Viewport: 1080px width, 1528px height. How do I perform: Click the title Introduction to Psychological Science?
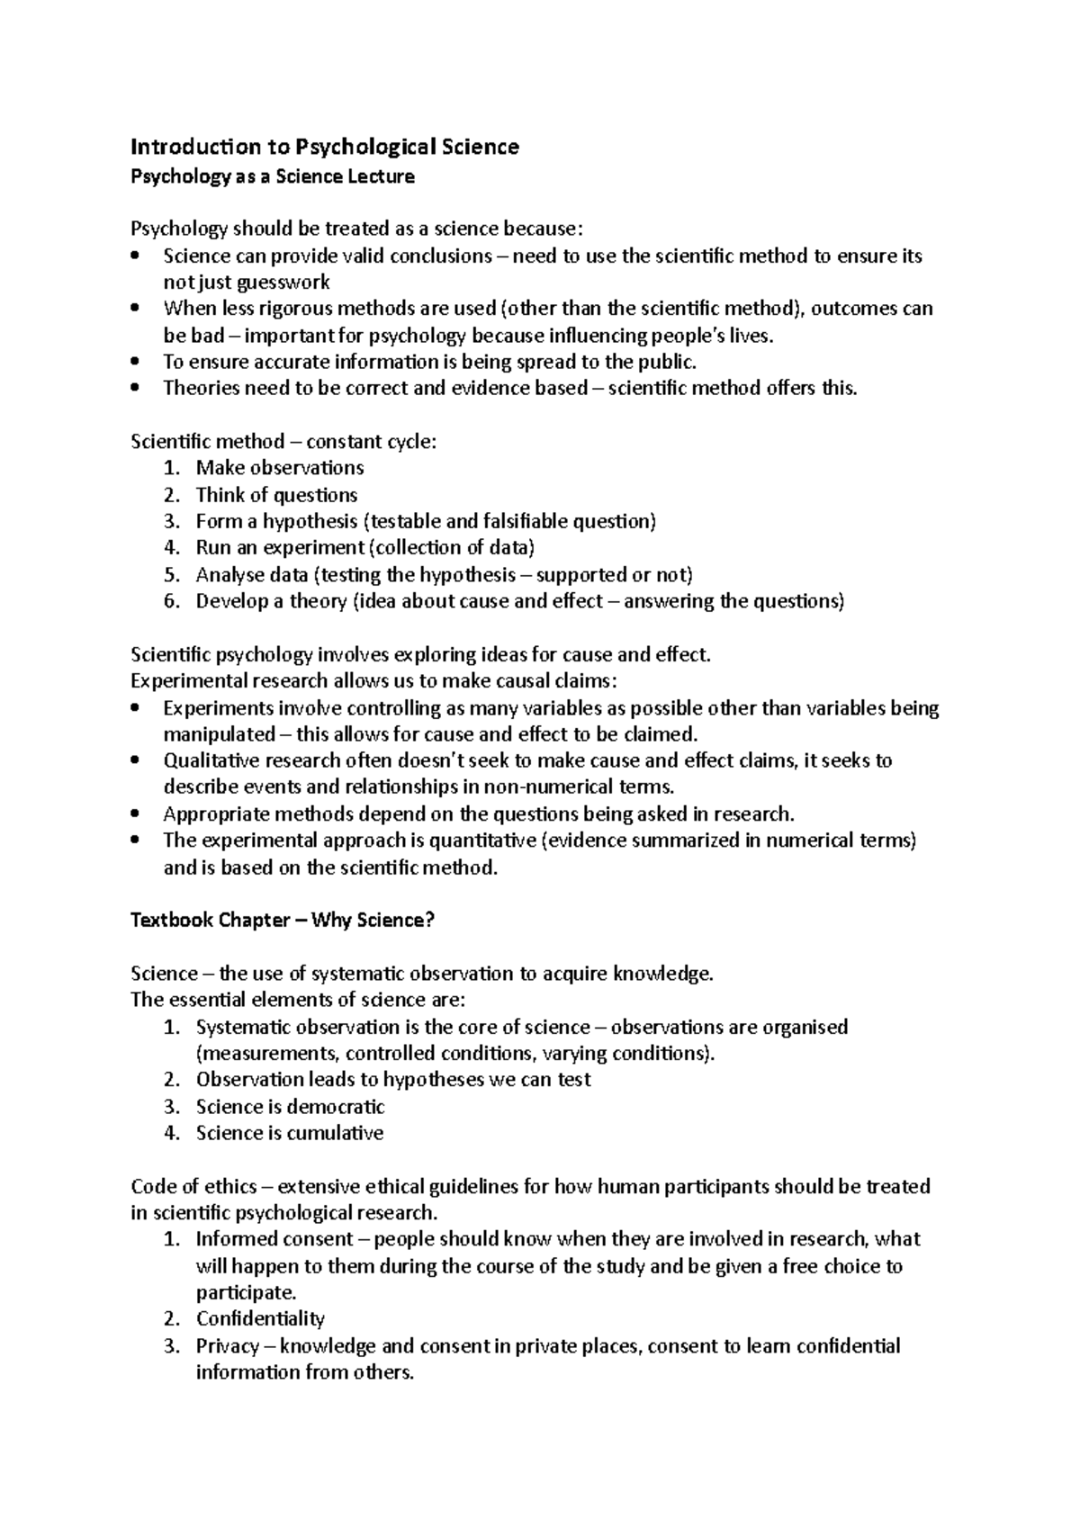[x=325, y=147]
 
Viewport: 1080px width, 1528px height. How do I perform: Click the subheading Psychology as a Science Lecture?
[x=273, y=176]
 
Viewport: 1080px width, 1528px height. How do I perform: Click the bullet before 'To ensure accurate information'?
[x=135, y=363]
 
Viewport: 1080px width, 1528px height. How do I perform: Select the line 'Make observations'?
[x=280, y=468]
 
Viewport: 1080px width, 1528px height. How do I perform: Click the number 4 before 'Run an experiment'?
[x=172, y=548]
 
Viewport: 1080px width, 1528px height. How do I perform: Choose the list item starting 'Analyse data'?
[x=444, y=575]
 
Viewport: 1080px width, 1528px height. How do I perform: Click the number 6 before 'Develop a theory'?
[x=172, y=601]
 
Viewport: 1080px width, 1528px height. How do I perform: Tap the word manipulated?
[x=219, y=734]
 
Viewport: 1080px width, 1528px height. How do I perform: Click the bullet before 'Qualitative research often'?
[x=135, y=761]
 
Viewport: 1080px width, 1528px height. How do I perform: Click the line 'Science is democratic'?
[x=290, y=1107]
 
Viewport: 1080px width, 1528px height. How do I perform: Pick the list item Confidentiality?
[x=260, y=1319]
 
